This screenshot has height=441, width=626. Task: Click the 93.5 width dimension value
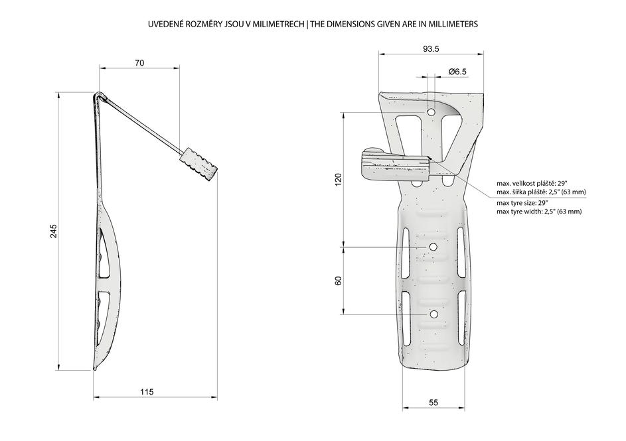point(431,49)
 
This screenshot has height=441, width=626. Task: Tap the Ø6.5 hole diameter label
point(457,72)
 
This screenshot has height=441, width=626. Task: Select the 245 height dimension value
point(54,231)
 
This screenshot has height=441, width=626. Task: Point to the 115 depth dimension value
point(147,392)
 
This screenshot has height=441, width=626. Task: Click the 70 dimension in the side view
point(139,62)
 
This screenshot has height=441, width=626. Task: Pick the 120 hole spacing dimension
point(338,180)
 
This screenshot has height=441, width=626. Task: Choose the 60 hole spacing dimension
point(338,281)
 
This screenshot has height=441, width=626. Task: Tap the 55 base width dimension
point(433,403)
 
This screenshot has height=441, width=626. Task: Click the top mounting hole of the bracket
point(431,113)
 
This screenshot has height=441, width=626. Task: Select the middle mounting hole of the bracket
point(433,247)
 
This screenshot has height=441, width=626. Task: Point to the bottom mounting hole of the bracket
point(434,314)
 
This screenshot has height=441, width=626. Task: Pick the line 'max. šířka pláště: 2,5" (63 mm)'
point(542,192)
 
